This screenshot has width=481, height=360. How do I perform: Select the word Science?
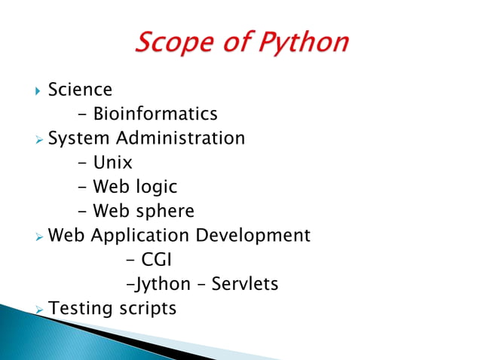tap(80, 90)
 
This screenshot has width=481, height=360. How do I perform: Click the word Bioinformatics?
tap(155, 114)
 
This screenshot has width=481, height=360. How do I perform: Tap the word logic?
tap(154, 187)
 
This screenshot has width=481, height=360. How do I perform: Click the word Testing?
tap(77, 308)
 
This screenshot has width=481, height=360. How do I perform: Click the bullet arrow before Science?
tap(38, 91)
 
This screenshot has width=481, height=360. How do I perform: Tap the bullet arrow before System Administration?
tap(38, 139)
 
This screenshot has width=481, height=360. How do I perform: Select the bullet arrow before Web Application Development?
tap(38, 236)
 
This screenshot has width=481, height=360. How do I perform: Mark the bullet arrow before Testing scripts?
tap(38, 309)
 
